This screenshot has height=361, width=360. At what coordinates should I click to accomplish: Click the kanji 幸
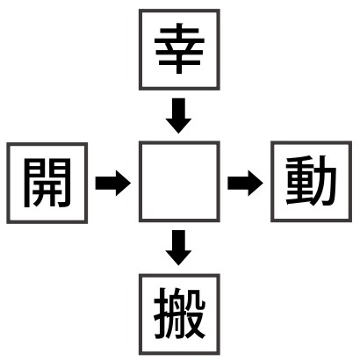(x=179, y=48)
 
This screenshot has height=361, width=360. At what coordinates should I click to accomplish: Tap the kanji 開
(x=47, y=183)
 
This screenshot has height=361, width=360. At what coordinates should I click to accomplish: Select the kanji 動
(x=311, y=181)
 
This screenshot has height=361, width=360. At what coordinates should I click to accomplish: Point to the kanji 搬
(x=179, y=314)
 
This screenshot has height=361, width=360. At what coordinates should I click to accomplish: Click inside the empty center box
(x=179, y=182)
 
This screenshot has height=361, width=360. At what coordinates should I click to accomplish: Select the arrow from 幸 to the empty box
(x=178, y=116)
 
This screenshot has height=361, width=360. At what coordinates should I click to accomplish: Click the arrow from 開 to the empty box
(x=113, y=183)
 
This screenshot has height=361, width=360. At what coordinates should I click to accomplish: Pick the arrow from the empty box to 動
(x=245, y=183)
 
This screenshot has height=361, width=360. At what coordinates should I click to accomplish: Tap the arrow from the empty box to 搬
(x=178, y=248)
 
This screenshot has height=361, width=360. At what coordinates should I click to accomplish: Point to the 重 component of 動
(x=299, y=181)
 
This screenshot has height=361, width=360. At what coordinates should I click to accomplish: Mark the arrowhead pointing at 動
(x=256, y=183)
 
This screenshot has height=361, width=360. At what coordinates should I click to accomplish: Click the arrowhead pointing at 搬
(x=178, y=257)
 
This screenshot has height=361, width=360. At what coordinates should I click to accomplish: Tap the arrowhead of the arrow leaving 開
(x=123, y=183)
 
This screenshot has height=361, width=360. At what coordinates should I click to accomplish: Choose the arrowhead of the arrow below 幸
(x=178, y=126)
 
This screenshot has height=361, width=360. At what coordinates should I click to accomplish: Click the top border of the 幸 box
(x=179, y=11)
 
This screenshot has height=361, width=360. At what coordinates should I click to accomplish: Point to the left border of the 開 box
(x=8, y=184)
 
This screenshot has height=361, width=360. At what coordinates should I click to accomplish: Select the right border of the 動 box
(x=350, y=182)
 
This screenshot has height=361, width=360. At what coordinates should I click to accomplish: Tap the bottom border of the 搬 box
(x=179, y=353)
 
